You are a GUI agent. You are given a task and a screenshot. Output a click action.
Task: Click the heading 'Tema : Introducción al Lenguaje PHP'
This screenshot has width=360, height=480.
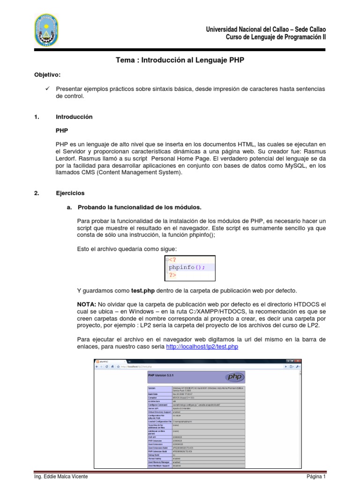180,60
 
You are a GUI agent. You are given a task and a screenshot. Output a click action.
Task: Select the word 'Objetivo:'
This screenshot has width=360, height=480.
47,75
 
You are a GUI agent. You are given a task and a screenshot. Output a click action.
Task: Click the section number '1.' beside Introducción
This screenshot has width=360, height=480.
37,117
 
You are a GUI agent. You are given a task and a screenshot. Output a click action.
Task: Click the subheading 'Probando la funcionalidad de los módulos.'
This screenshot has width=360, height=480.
140,207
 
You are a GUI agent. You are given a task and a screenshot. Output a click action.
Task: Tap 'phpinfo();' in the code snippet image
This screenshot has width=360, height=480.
187,268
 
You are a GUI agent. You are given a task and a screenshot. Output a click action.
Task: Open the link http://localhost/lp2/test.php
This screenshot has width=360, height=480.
202,346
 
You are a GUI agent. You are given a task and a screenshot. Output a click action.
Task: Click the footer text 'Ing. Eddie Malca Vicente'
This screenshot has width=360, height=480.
61,476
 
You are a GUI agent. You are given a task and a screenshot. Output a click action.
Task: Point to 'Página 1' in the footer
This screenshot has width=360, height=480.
316,476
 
